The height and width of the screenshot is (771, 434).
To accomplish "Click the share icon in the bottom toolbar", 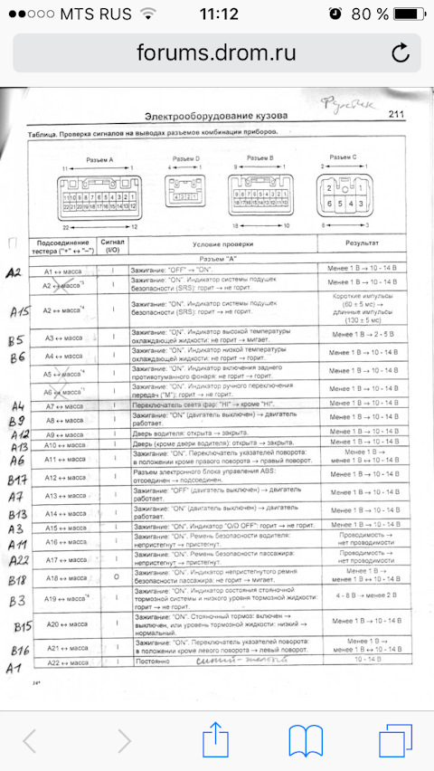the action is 215,739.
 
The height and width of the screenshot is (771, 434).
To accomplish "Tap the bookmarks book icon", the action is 306,739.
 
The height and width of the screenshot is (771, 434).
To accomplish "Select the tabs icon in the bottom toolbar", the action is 396,739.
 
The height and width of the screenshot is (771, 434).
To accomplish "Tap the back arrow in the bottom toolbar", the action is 30,739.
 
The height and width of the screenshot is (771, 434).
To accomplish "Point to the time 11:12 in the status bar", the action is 217,14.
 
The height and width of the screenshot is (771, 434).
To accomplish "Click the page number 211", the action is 395,115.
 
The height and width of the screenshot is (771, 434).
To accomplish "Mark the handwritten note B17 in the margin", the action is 16,479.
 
